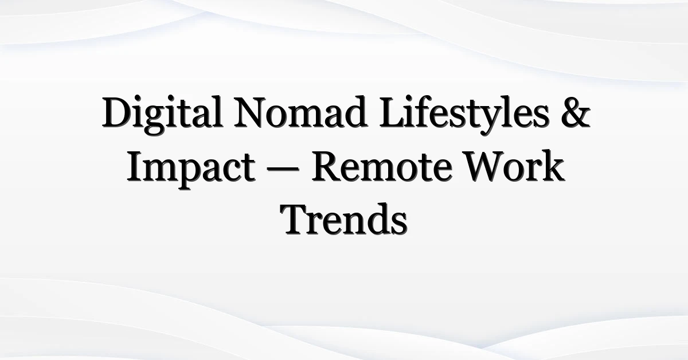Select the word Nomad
[300, 112]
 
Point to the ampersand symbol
[576, 112]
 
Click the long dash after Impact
[283, 170]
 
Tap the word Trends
[344, 220]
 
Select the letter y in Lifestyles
[489, 121]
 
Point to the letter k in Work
[553, 166]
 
